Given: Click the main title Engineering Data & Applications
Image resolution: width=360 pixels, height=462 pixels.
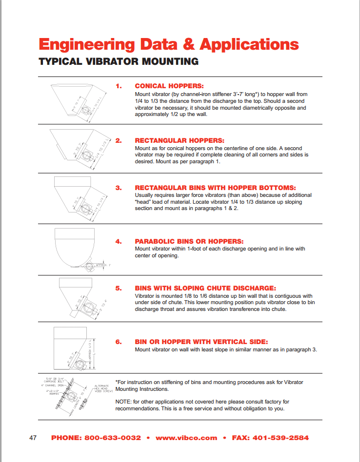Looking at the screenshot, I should coord(168,44).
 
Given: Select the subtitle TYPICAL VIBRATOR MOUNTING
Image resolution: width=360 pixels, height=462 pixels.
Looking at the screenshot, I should coord(119,61).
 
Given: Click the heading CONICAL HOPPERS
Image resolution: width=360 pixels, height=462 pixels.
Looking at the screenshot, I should coord(169,86).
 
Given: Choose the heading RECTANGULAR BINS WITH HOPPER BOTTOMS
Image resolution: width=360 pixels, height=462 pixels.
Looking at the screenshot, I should coord(215,188).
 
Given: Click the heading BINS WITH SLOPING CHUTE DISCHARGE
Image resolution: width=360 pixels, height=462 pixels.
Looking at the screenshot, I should coord(205,288).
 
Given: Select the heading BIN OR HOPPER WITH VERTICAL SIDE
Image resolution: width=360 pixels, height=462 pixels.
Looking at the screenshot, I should coord(201,342).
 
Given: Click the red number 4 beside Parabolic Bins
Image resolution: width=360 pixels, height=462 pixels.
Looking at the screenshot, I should coord(118,241).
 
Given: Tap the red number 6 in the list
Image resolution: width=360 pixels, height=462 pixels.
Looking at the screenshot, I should coord(118,342).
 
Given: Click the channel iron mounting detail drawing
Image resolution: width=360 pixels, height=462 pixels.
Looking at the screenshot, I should coord(78,397).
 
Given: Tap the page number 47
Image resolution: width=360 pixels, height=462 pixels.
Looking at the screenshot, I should coord(33,438).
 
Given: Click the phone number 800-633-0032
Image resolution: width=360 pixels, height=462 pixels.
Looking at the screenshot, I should coord(96,438).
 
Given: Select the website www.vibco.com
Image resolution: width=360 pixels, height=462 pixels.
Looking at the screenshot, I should coord(186,438).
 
